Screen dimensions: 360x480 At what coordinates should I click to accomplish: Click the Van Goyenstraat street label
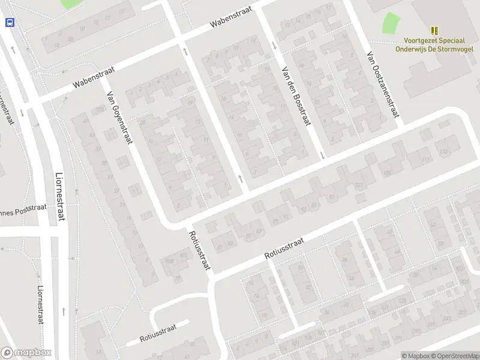coord(119,119)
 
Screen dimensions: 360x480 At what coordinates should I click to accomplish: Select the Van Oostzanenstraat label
coord(382,83)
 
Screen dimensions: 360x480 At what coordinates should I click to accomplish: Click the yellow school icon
coord(434,31)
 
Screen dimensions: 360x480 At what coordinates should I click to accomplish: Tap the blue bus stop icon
coord(10,22)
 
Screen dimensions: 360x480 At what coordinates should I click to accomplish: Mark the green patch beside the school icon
coord(391,23)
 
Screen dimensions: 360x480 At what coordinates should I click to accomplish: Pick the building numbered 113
coord(443,151)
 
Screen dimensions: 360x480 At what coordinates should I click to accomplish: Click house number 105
coord(386,173)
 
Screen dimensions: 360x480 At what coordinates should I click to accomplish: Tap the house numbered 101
coord(359,185)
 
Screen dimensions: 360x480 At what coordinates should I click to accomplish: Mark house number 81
coord(220,247)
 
